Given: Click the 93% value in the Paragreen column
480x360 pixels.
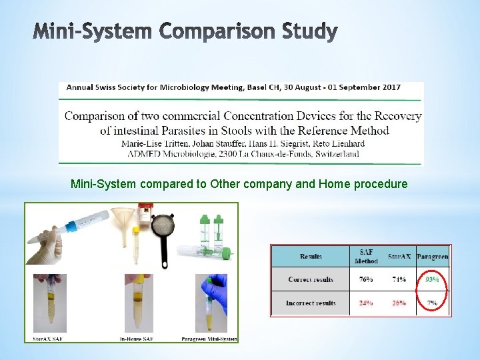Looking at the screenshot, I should [x=432, y=279].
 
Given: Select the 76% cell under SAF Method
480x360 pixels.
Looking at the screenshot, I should [x=366, y=279].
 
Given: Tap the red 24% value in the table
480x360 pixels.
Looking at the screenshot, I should [x=366, y=303].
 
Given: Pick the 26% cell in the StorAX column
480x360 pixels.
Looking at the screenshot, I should [x=399, y=303].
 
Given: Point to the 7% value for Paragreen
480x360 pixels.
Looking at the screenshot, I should [x=433, y=303].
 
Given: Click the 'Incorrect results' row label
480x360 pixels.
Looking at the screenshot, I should [x=311, y=303].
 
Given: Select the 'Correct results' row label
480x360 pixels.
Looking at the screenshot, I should [x=311, y=279].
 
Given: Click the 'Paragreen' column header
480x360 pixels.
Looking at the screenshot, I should [x=432, y=256].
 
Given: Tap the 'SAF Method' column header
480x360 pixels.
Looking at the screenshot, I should [x=366, y=256].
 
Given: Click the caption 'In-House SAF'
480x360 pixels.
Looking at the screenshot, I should [x=137, y=339].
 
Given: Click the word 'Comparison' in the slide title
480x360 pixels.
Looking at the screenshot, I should [x=189, y=31].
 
